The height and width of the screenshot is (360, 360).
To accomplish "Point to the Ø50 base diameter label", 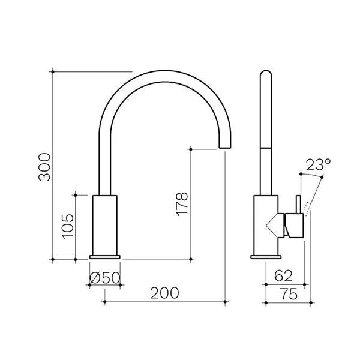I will tap(105, 277).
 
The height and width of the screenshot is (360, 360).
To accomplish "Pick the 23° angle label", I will tap(318, 164).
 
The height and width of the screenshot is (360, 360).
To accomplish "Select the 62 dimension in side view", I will tap(284, 277).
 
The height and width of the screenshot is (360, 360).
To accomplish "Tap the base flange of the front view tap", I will tap(106, 256).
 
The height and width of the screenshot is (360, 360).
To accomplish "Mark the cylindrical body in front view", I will tap(106, 224).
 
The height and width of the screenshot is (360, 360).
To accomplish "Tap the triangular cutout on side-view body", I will tap(275, 224).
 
